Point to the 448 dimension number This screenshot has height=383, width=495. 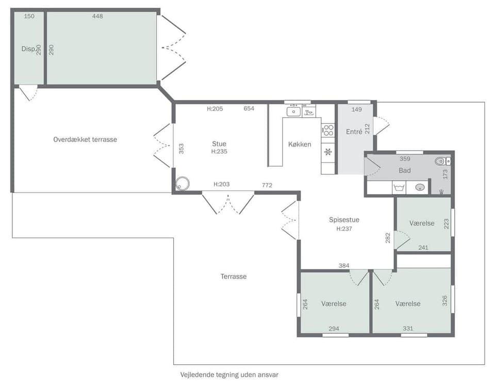pos(97,16)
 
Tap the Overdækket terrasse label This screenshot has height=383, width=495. pos(85,139)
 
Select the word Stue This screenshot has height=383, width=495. pos(219,144)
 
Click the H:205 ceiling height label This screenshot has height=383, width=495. pos(214,109)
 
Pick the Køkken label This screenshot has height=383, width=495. pos(300,145)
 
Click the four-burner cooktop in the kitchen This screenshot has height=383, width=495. pos(327,130)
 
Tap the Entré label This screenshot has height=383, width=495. pos(354,132)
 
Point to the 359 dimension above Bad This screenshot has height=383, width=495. pos(405,159)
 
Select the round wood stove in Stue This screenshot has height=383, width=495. pos(182,184)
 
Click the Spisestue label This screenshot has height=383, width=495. pos(344,220)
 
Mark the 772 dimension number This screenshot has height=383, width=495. pos(267,185)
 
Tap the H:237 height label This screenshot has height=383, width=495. pos(344,229)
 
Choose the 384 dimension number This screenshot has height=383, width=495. pos(344,265)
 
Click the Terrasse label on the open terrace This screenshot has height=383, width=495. pos(234,277)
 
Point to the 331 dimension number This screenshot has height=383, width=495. pos(408,328)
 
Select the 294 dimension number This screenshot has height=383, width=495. pos(334,328)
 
